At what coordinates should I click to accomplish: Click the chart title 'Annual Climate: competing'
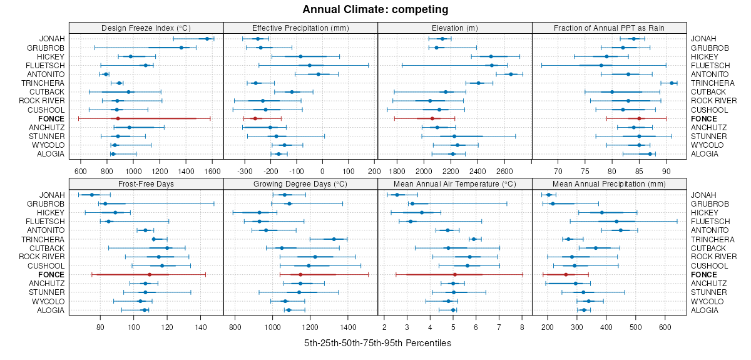(375, 9)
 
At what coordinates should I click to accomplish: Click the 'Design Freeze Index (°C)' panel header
(146, 28)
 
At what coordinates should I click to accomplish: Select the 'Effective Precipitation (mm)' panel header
(300, 28)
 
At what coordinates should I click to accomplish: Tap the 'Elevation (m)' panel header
(455, 28)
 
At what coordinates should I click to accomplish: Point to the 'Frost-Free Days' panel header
(146, 183)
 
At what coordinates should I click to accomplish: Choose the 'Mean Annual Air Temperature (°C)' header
(455, 183)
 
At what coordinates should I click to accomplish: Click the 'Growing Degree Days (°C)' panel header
(300, 183)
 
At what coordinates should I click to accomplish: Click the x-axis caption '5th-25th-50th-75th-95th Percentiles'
(377, 343)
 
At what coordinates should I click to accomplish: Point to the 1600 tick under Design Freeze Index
(212, 170)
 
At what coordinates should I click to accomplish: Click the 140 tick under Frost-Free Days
(201, 327)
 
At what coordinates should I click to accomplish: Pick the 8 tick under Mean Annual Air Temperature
(521, 327)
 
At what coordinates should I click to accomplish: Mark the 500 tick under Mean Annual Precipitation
(636, 327)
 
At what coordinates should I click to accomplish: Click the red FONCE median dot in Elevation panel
(432, 118)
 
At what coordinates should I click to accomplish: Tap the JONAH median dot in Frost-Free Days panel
(91, 195)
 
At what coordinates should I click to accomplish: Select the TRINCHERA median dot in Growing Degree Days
(334, 239)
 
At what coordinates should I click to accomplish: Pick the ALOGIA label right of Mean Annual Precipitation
(704, 310)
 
